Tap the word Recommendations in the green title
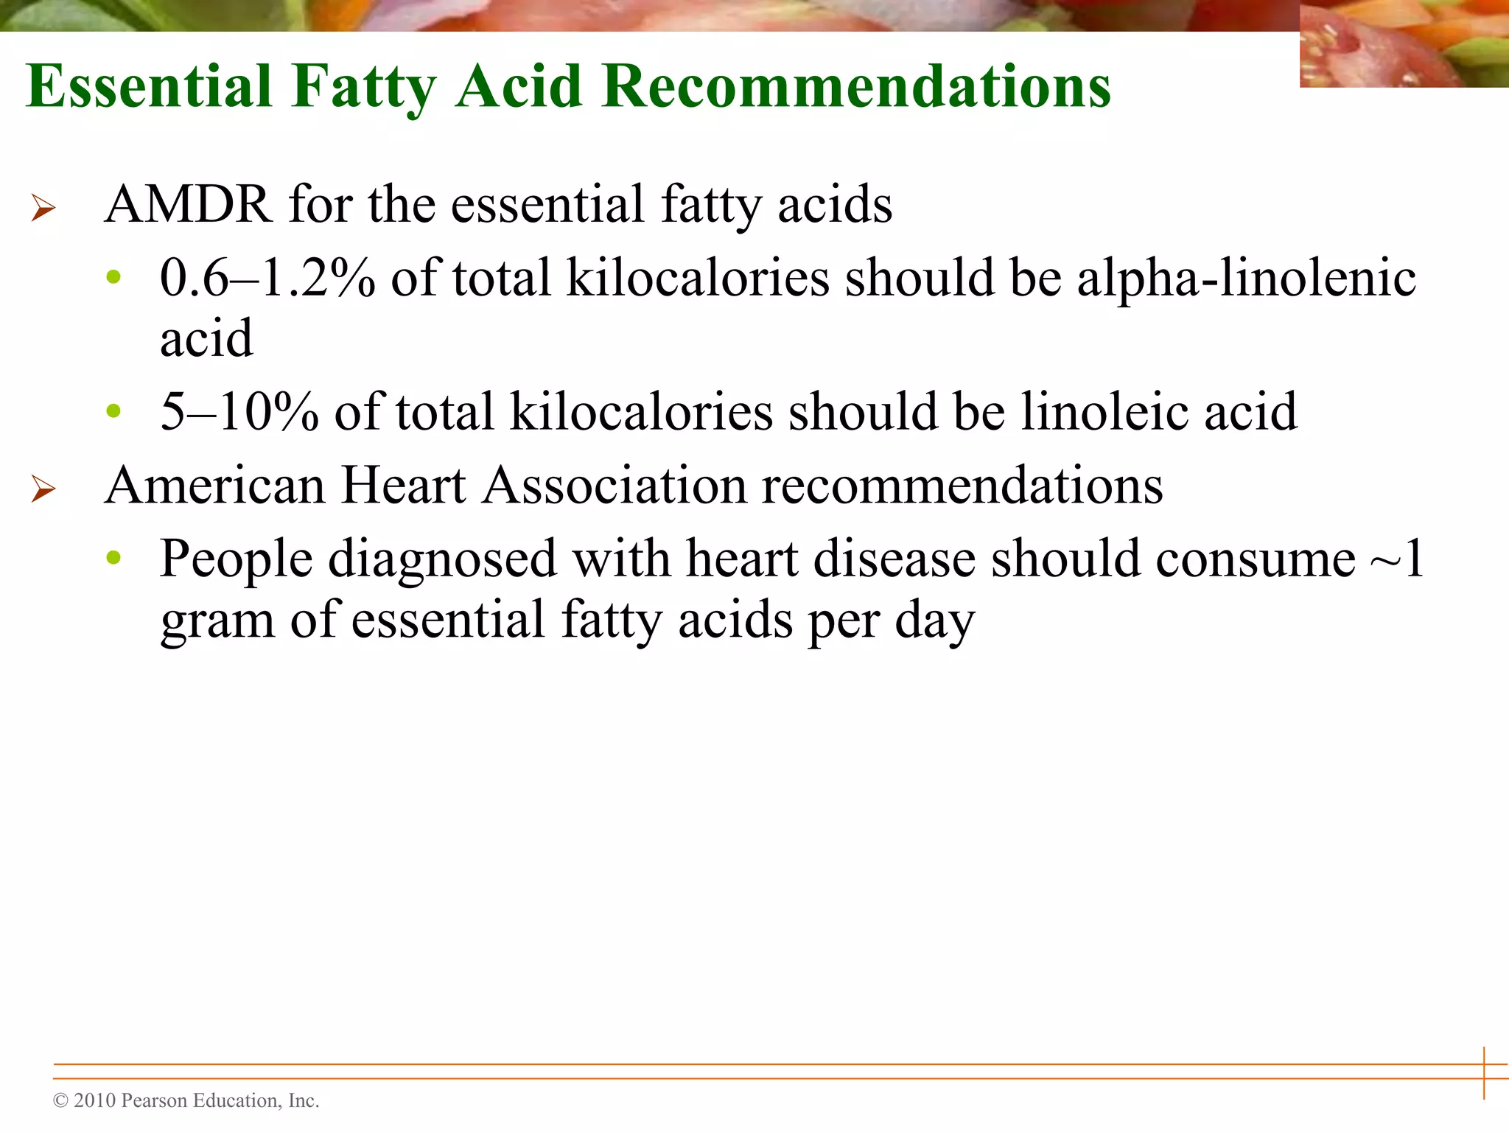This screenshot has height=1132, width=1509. click(x=855, y=87)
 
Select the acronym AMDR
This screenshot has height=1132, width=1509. click(x=188, y=204)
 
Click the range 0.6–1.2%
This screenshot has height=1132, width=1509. click(x=267, y=279)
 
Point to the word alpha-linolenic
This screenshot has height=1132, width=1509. click(x=1246, y=279)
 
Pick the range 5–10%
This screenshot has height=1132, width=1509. click(x=239, y=412)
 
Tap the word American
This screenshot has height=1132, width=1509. click(x=214, y=486)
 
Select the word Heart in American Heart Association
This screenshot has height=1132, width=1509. click(x=403, y=486)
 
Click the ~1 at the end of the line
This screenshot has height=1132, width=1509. click(x=1396, y=559)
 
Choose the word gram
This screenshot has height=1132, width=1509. click(x=217, y=621)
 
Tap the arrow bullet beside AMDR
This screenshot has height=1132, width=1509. click(x=43, y=208)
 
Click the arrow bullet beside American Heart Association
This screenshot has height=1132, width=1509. click(x=43, y=489)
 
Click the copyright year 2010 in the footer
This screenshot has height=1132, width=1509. click(x=95, y=1100)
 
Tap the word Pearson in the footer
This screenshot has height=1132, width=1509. click(x=153, y=1100)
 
